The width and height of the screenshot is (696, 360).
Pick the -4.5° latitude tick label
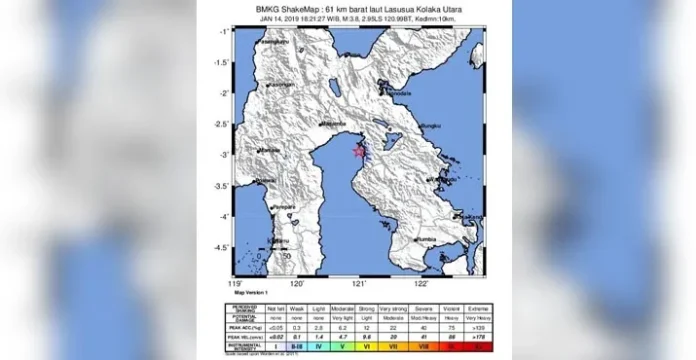pos(225,246)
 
